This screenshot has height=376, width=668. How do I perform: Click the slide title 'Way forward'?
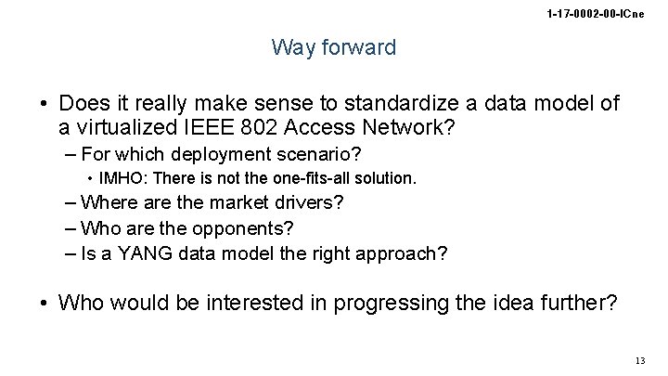coord(333,47)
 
